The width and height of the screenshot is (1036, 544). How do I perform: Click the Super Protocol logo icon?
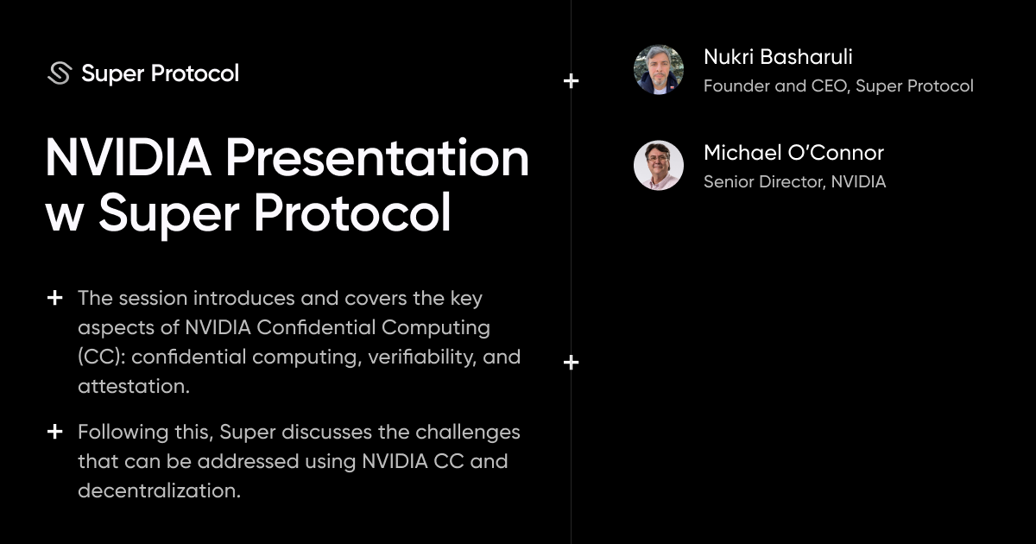59,73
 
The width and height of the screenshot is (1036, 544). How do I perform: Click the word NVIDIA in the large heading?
128,158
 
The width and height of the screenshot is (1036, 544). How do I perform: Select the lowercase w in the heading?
62,213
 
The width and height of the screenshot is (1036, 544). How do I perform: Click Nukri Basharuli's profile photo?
659,70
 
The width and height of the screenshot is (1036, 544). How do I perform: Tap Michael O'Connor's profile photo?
659,166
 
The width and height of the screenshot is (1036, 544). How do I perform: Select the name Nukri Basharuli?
778,57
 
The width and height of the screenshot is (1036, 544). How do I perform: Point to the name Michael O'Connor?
793,153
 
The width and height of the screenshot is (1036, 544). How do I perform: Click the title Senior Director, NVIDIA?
794,182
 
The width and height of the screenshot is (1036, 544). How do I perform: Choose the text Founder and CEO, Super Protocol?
838,86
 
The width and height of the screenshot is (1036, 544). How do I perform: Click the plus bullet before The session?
54,298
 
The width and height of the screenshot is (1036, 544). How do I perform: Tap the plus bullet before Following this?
54,431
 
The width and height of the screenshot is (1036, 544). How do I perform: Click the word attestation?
133,386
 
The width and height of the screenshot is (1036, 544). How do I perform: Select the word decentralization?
158,490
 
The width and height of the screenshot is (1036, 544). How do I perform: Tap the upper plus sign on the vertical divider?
571,81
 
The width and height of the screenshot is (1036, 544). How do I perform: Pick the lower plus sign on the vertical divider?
571,363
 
